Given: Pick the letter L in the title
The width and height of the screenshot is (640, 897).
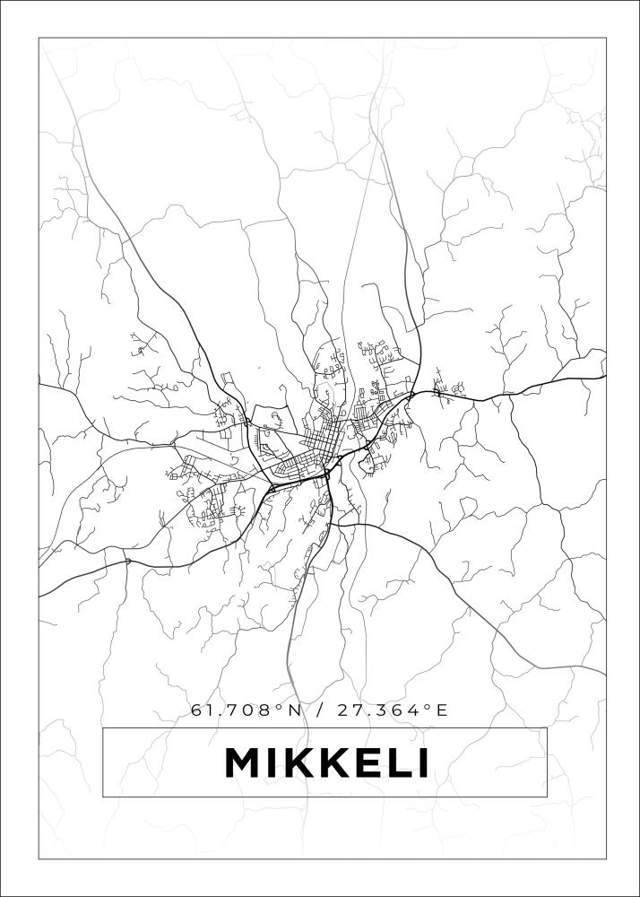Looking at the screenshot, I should [391, 763].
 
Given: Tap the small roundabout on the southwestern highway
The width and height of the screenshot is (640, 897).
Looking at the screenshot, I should [127, 562].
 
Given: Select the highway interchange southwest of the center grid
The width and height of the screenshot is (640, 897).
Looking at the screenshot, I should [272, 488].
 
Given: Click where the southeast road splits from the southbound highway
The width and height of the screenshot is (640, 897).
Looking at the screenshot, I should [333, 524].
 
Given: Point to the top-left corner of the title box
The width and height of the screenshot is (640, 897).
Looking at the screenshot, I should [102, 727].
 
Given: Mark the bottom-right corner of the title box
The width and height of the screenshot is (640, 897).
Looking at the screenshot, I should [547, 797].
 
